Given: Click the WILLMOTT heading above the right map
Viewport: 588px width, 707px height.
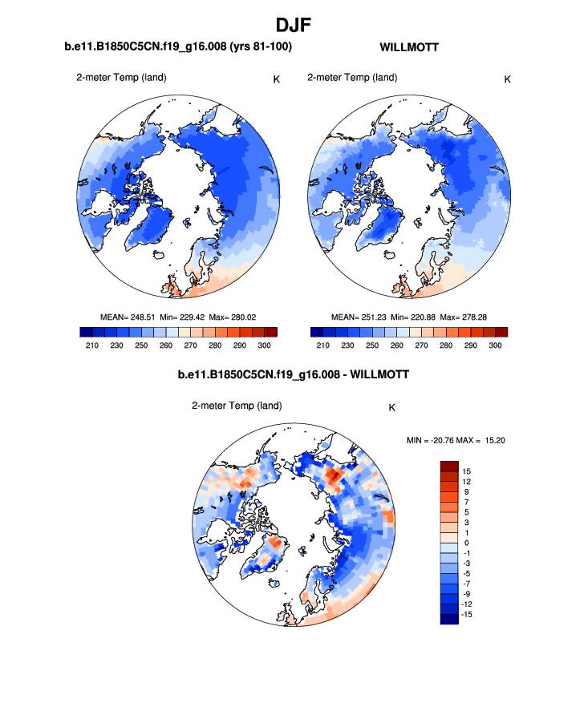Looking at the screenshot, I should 408,47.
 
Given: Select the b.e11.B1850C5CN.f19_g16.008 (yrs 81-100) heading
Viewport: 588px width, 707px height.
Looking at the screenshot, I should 177,47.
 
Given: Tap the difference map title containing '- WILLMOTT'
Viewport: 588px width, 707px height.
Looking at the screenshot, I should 294,374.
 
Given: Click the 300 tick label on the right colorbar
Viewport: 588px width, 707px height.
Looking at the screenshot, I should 495,345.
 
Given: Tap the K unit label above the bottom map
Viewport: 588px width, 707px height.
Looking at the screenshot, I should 391,407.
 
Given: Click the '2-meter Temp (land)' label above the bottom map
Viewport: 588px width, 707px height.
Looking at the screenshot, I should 237,406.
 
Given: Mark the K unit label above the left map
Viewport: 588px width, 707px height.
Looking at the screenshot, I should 277,79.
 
